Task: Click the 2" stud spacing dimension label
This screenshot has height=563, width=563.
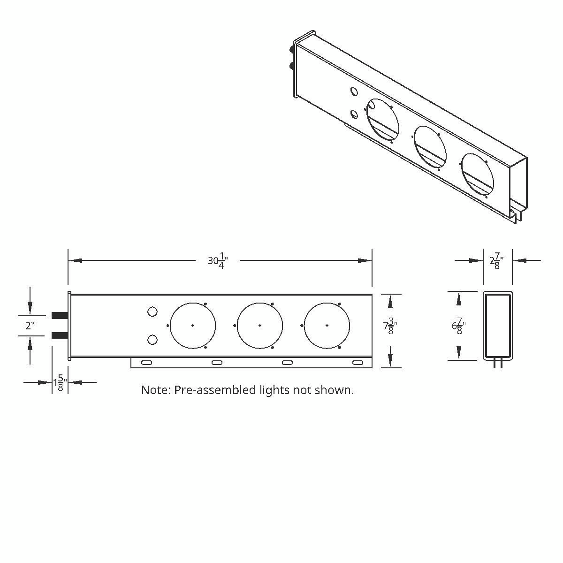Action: point(30,326)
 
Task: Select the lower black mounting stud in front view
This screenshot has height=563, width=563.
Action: point(60,335)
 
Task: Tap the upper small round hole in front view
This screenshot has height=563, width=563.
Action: point(152,312)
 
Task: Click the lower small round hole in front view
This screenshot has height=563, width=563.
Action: point(152,340)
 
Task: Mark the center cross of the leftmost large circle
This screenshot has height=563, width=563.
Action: point(193,326)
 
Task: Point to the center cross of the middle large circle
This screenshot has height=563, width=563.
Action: point(260,326)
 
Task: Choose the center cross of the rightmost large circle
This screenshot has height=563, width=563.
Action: point(327,326)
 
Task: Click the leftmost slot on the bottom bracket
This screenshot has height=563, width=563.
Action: point(146,363)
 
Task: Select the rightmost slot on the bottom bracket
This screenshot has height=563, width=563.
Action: point(358,363)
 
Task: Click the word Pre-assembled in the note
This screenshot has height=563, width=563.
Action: point(214,390)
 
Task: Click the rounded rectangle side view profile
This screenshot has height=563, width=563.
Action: point(498,325)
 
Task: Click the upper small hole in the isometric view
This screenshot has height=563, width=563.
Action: point(354,92)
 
